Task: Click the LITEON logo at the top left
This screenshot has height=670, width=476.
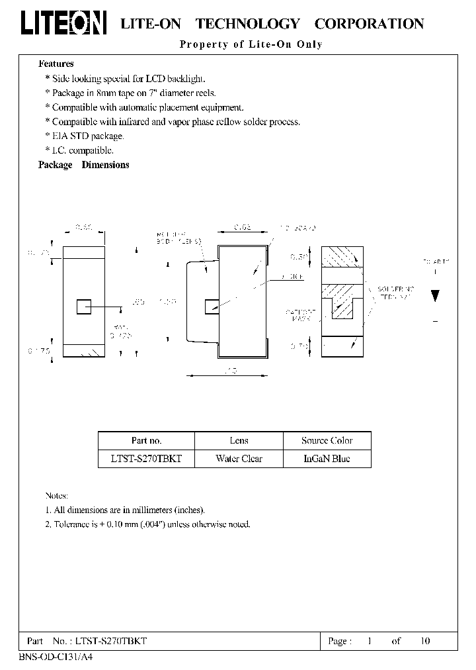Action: tap(63, 23)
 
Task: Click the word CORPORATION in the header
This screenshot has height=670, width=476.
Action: tap(369, 24)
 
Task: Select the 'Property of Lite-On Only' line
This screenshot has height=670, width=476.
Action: tap(251, 44)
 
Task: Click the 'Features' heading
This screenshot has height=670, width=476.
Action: tap(56, 64)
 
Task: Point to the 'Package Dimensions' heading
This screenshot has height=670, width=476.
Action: tap(84, 165)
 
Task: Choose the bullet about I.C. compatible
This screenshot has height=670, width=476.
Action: tap(80, 150)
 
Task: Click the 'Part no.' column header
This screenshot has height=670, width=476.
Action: tap(146, 440)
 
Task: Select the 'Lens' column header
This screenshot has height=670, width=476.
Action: tap(239, 440)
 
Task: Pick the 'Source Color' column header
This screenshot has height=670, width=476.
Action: tap(327, 440)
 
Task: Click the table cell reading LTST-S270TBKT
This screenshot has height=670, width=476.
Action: tap(146, 458)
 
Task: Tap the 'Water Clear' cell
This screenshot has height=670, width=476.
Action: tap(239, 458)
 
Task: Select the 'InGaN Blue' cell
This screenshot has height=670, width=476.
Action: tap(327, 458)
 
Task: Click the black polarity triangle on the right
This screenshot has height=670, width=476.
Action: tap(435, 295)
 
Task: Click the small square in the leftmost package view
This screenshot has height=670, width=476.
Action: tap(84, 307)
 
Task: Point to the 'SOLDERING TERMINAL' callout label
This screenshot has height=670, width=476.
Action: tap(395, 293)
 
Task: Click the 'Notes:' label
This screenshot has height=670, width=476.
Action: tap(57, 495)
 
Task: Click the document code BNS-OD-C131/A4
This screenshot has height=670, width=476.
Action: tap(51, 657)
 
